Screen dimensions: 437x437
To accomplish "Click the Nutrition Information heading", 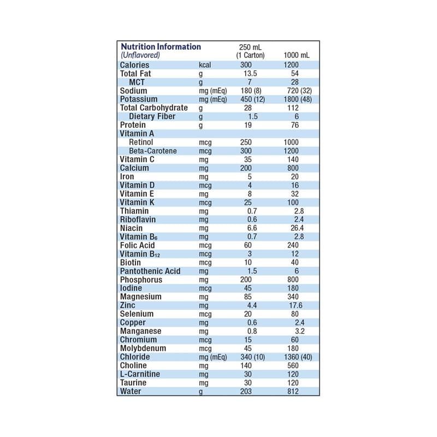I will pos(161,47).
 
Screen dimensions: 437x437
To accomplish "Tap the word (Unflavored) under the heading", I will pos(140,55).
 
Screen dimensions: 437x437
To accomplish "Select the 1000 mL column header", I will pos(297,56).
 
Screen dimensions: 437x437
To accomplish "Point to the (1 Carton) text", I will pos(250,56).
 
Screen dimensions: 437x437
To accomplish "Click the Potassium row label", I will pos(139,99).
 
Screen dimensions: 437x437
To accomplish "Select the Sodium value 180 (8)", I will pos(251,91).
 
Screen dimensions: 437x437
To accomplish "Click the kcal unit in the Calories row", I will pos(205,65).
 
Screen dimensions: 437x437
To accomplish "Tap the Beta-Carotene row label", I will pos(153,151).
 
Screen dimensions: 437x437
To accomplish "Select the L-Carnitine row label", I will pos(139,374).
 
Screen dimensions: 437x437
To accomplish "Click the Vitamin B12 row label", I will pos(141,254).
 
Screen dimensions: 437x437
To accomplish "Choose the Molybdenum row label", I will pos(143,349).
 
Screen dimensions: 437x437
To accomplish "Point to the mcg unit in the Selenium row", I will pos(205,314).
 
